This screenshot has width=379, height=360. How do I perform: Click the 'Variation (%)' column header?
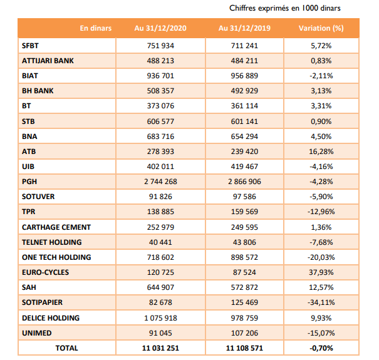(321, 28)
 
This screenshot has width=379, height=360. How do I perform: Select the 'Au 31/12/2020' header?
(160, 28)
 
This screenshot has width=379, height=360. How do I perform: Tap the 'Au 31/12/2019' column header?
(244, 28)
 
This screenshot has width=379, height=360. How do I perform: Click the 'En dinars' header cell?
(96, 28)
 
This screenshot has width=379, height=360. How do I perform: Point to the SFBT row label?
(30, 46)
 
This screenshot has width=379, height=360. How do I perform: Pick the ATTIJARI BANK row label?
(48, 61)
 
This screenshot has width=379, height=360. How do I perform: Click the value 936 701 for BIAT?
(160, 76)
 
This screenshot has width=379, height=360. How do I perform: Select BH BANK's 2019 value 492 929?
(244, 91)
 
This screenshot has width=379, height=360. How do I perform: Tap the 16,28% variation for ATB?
(321, 152)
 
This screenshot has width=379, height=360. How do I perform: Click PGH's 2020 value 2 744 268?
(160, 182)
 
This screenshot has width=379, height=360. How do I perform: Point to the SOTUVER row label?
(38, 197)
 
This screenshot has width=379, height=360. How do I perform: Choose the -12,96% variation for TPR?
(321, 212)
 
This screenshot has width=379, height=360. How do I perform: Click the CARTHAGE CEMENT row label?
(56, 227)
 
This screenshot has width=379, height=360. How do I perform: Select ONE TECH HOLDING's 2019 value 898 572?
(244, 257)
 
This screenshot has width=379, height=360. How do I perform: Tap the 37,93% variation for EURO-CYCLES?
(321, 272)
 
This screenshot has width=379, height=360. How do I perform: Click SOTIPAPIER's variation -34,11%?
(321, 302)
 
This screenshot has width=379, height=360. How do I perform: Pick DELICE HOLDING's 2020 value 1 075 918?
(160, 318)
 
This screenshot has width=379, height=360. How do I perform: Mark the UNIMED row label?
(37, 333)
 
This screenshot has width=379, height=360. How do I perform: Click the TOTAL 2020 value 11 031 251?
(160, 348)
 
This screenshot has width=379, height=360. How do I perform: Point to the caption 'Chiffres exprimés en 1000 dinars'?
(285, 8)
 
